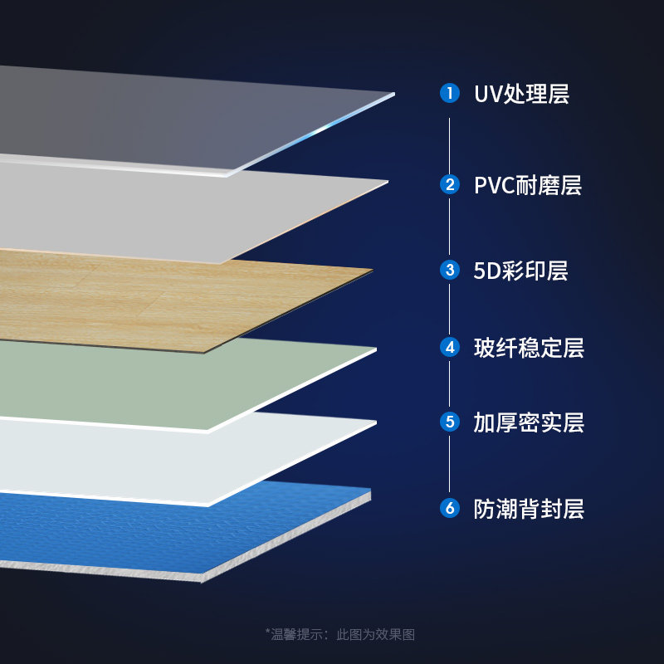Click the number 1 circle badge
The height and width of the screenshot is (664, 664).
(450, 93)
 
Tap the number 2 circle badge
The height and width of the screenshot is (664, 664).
(450, 184)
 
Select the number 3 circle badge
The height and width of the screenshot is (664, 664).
(450, 270)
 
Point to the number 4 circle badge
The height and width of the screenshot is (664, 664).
(450, 347)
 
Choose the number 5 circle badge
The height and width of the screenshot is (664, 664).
(450, 422)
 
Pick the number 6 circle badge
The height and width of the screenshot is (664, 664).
(450, 507)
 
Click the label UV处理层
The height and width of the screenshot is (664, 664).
(521, 94)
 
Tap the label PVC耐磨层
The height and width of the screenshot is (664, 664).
(527, 185)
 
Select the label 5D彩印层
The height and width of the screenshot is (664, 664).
(520, 271)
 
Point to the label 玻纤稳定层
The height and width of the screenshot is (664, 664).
(529, 348)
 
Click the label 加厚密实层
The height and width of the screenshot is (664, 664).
(529, 422)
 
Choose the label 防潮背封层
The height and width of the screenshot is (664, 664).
(529, 508)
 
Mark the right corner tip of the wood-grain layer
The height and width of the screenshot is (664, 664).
(372, 270)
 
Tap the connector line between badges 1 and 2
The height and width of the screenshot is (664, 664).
(450, 139)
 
